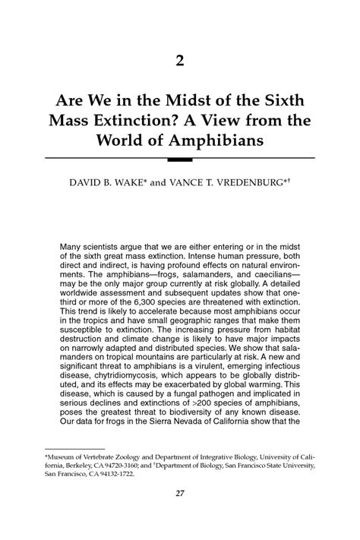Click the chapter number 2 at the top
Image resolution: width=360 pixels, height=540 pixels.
(x=180, y=62)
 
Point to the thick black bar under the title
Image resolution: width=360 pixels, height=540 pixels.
(x=180, y=159)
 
